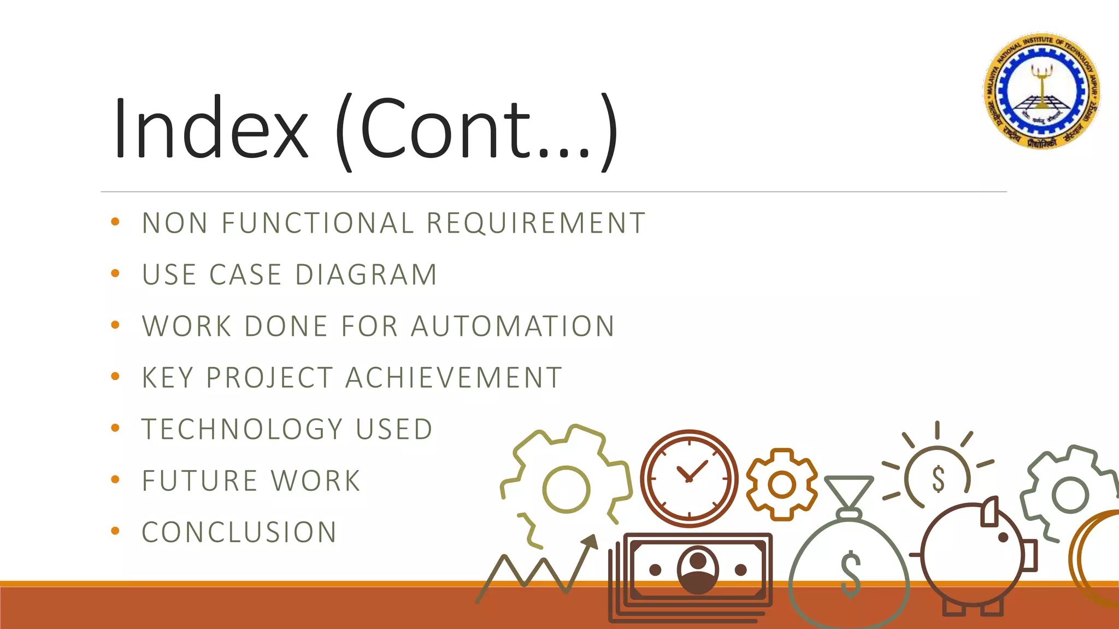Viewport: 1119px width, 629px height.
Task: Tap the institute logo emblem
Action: coord(1043,91)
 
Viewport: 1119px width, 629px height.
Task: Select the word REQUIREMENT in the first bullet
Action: coord(536,223)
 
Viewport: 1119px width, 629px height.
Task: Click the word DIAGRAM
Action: coord(366,275)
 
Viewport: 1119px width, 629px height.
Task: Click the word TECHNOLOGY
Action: coord(243,429)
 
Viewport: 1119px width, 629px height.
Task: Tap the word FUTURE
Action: coord(199,481)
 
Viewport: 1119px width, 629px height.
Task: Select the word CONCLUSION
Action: coord(239,532)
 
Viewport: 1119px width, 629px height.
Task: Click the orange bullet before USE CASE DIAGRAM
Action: coord(115,274)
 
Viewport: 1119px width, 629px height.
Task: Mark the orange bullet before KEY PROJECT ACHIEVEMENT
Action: coord(115,376)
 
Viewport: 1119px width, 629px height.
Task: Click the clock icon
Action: coord(689,478)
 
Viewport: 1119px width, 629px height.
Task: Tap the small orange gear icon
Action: coord(782,484)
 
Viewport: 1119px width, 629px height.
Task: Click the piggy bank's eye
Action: coord(1003,537)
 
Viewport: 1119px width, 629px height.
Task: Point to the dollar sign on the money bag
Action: coord(850,574)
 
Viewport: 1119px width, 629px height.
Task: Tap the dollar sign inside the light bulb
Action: coord(938,479)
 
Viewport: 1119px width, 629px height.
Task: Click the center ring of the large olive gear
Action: coord(566,489)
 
